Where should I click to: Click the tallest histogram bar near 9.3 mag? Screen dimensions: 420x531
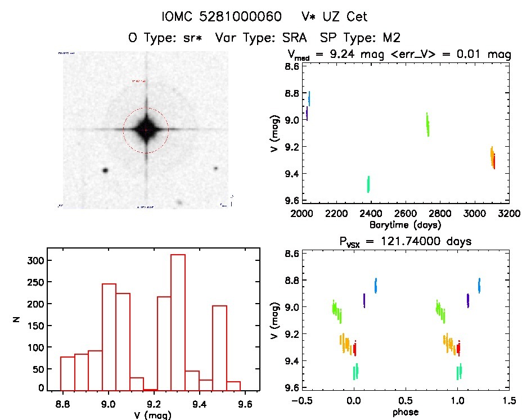pyautogui.click(x=178, y=321)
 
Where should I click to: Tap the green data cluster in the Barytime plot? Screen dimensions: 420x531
pyautogui.click(x=427, y=124)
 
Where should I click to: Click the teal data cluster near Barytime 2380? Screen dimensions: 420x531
pyautogui.click(x=368, y=184)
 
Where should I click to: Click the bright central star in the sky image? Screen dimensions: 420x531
pyautogui.click(x=146, y=130)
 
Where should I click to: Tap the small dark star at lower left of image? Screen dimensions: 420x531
pyautogui.click(x=105, y=170)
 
